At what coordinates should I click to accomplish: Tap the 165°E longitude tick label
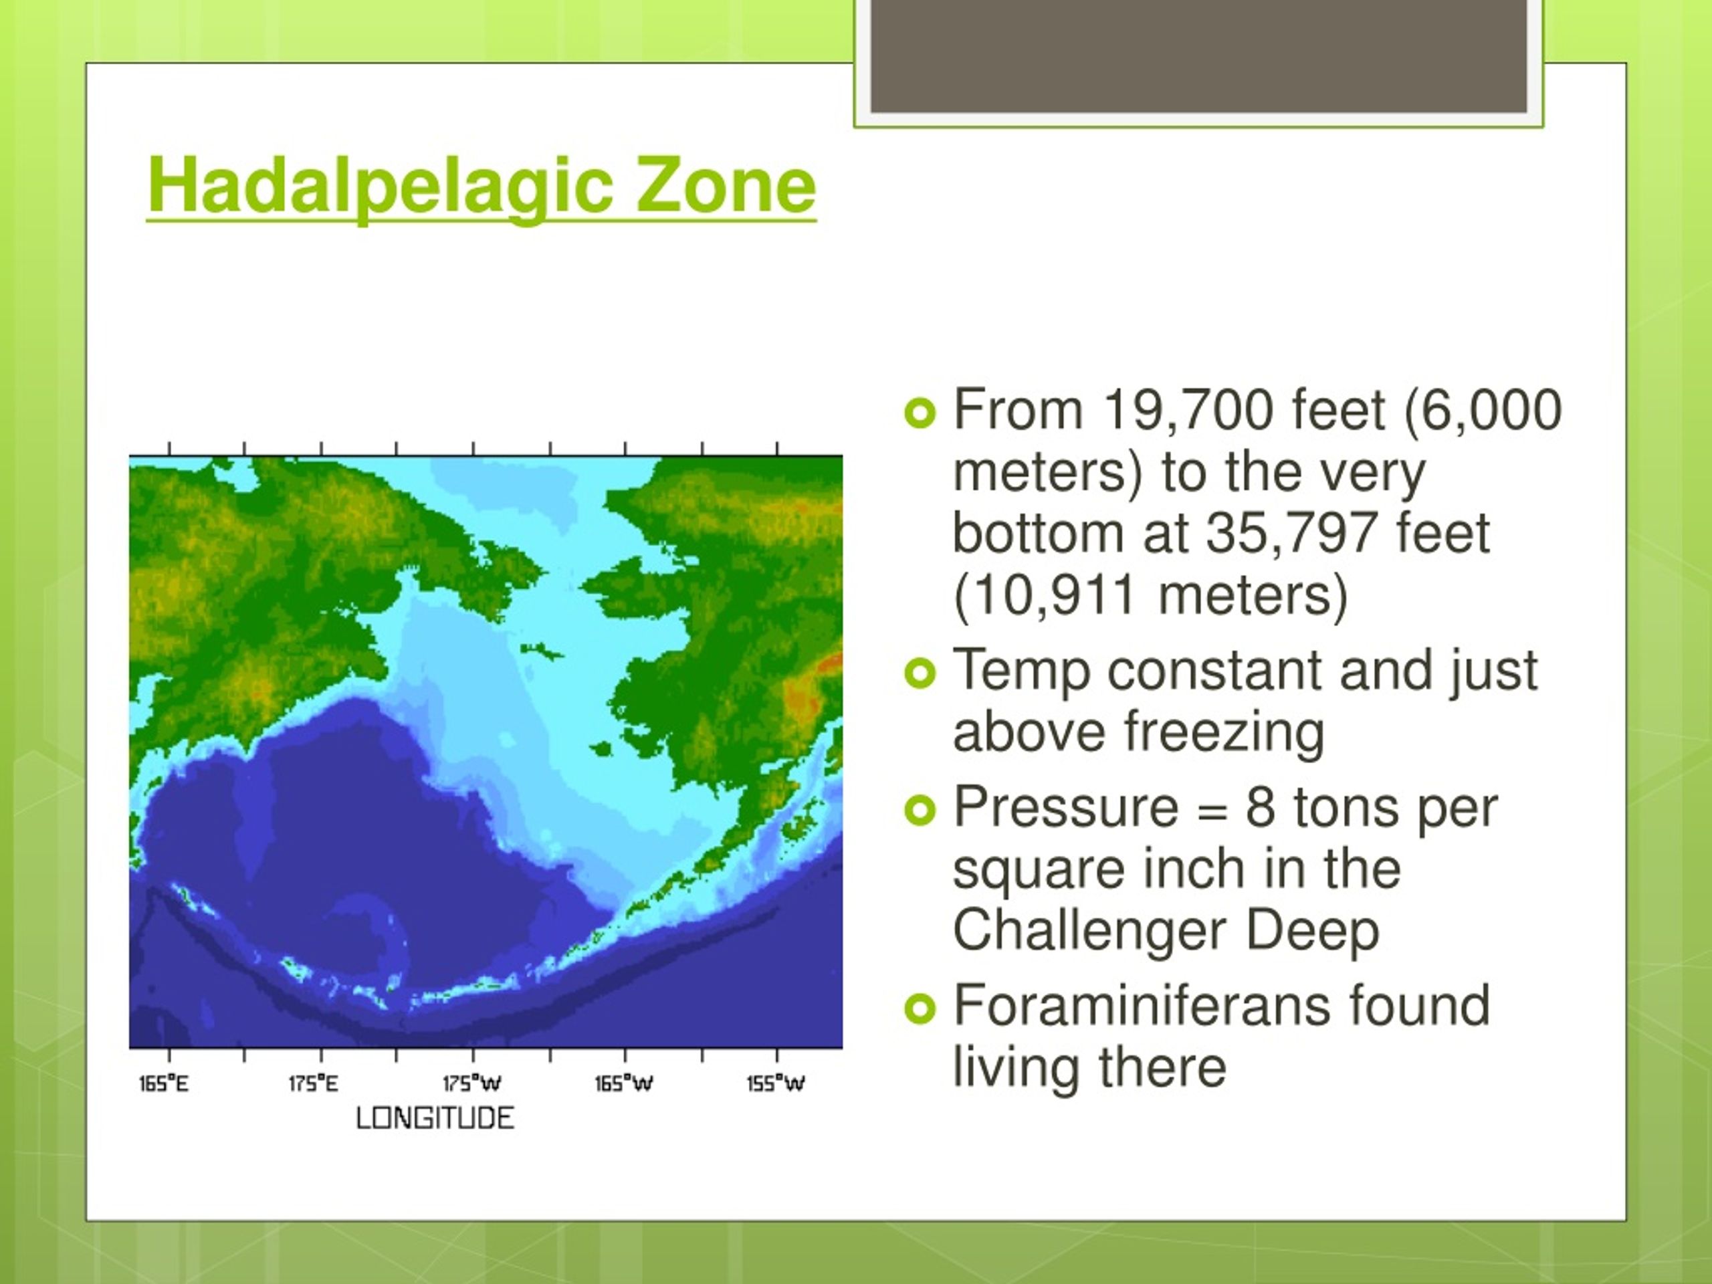click(164, 1084)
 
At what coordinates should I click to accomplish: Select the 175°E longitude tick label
click(314, 1084)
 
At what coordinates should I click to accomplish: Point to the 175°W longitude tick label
click(472, 1084)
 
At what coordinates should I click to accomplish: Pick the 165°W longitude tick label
click(624, 1084)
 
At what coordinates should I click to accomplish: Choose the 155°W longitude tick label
click(776, 1084)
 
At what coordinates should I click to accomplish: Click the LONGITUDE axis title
click(435, 1118)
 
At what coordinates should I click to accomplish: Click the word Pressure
click(1066, 807)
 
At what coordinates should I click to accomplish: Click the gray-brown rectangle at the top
click(1199, 56)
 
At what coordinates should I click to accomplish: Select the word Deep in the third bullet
click(1313, 932)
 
